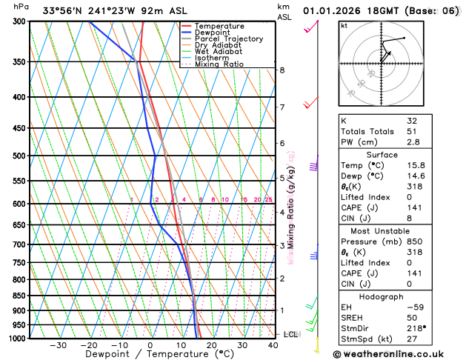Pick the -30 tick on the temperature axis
tap(58, 345)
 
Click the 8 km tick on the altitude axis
tap(282, 70)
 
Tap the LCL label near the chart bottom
tap(290, 334)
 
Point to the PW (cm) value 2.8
tap(413, 141)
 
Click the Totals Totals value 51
tap(412, 131)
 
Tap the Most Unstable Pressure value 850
tap(415, 241)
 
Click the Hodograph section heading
tap(382, 296)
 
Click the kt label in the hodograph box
tap(344, 25)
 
